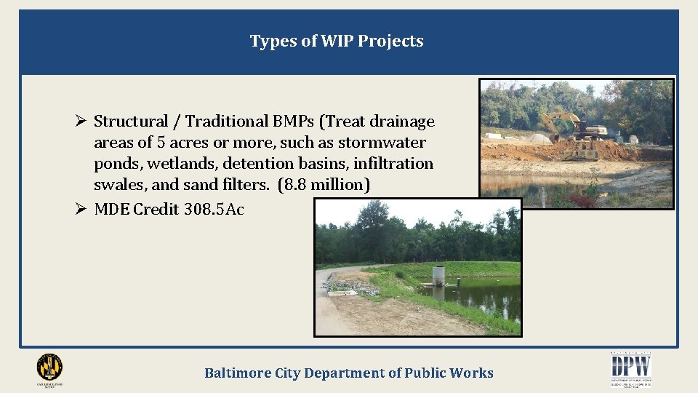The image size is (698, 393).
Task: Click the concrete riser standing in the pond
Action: pos(439,280)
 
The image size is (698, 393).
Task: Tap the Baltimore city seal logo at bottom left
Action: pos(49,367)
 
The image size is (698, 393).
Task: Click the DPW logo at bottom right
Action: pos(630,367)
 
